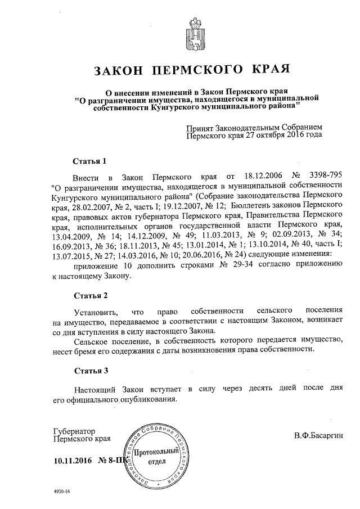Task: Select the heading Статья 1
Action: [x=90, y=161]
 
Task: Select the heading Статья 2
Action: [x=90, y=295]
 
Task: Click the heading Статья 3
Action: [x=90, y=371]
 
